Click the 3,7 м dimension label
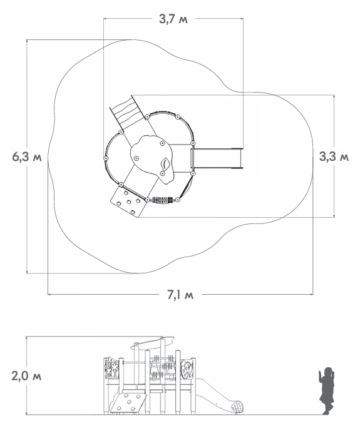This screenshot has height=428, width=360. pyautogui.click(x=173, y=19)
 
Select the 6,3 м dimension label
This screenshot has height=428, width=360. pyautogui.click(x=27, y=157)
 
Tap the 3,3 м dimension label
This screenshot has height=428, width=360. pyautogui.click(x=334, y=156)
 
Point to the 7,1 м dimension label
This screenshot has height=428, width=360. pyautogui.click(x=180, y=295)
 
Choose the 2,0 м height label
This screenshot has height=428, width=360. pyautogui.click(x=26, y=376)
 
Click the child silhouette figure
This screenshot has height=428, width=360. pyautogui.click(x=327, y=390)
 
